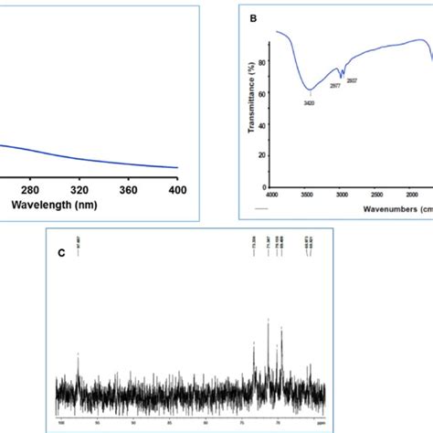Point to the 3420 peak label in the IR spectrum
pos(310,102)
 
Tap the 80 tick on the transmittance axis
pos(262,61)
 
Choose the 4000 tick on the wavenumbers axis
pos(271,195)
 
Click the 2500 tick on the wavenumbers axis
pos(378,195)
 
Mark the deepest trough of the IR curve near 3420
pos(311,90)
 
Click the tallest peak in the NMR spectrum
pos(268,320)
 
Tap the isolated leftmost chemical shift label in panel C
pos(79,267)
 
